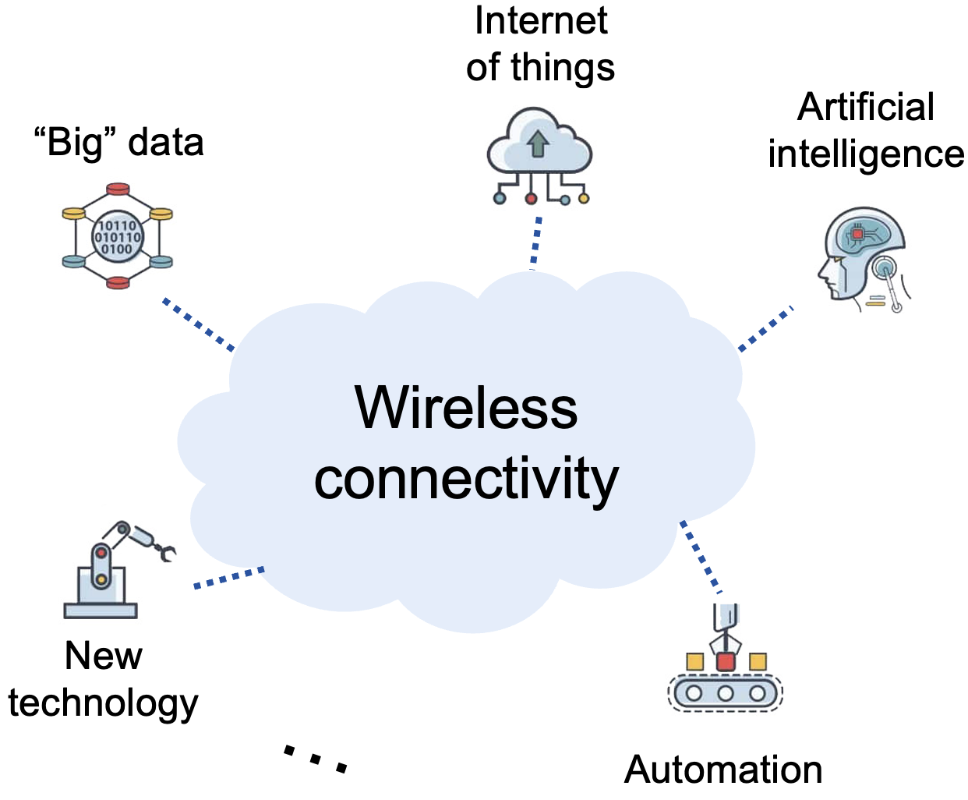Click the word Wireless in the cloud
point(466,407)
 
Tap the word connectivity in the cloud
point(466,479)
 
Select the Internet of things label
point(540,44)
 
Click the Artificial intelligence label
point(865,130)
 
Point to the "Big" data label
point(118,143)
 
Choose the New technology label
point(103,678)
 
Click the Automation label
point(723,770)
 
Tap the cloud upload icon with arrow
point(539,144)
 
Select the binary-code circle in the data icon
point(118,237)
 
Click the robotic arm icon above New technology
point(113,569)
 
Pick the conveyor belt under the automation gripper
point(725,692)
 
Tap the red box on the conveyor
point(726,662)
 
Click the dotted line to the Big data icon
point(198,324)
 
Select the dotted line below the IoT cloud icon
point(535,242)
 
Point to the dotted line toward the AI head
point(765,328)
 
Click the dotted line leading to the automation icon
point(701,557)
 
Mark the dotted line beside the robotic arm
point(228,578)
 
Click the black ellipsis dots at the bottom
point(315,759)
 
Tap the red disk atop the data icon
point(118,189)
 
